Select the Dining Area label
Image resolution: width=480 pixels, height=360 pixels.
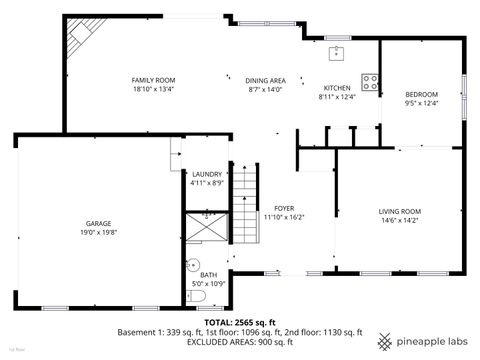[266, 79]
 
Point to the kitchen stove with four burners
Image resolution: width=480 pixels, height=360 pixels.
[370, 83]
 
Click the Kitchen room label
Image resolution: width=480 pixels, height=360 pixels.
[335, 88]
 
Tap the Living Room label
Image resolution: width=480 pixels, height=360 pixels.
[399, 211]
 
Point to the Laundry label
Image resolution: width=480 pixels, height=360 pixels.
[207, 174]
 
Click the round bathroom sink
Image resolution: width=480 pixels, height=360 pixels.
[194, 265]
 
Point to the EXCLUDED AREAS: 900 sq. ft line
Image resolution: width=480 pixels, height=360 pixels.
[240, 341]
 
